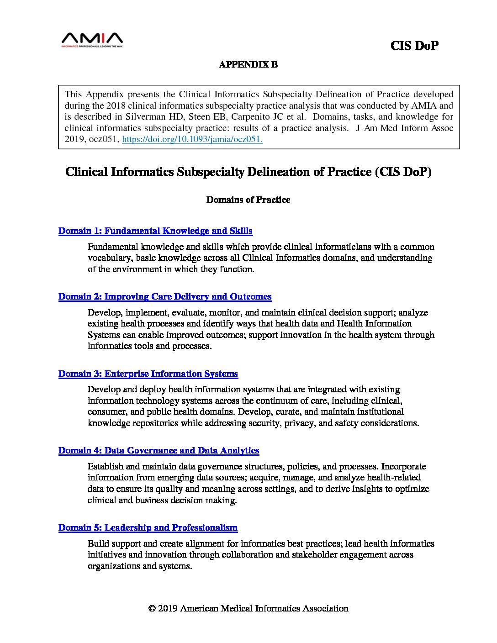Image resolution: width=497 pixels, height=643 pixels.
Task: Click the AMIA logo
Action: [92, 40]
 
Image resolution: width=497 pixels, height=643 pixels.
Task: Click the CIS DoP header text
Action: [414, 46]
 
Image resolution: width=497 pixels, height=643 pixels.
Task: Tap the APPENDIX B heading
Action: [248, 64]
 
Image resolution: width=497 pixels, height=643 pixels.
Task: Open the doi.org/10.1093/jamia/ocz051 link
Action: [192, 139]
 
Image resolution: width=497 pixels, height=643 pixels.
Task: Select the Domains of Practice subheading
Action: [248, 200]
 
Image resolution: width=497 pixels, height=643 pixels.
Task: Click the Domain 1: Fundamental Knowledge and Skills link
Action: [155, 231]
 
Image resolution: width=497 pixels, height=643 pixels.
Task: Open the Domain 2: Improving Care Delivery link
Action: [165, 296]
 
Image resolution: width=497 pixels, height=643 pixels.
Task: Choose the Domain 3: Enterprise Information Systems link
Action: [148, 374]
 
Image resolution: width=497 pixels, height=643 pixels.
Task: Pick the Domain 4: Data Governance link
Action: [159, 450]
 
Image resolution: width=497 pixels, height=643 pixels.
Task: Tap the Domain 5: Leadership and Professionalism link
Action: [148, 527]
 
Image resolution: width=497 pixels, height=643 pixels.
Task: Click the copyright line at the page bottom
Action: [248, 608]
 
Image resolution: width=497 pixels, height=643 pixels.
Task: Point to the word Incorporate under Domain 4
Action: [404, 466]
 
